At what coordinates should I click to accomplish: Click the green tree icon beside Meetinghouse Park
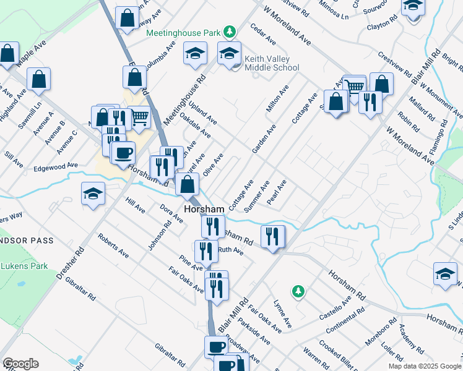[x=230, y=30]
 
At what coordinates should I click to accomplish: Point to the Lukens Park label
[x=24, y=266]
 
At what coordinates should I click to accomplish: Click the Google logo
[x=20, y=364]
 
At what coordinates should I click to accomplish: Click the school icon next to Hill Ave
[x=93, y=194]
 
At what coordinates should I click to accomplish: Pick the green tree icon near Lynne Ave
[x=298, y=290]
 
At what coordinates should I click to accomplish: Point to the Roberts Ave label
[x=113, y=245]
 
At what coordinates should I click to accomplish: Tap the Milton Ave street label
[x=278, y=99]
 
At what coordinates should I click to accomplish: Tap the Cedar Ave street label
[x=262, y=35]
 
